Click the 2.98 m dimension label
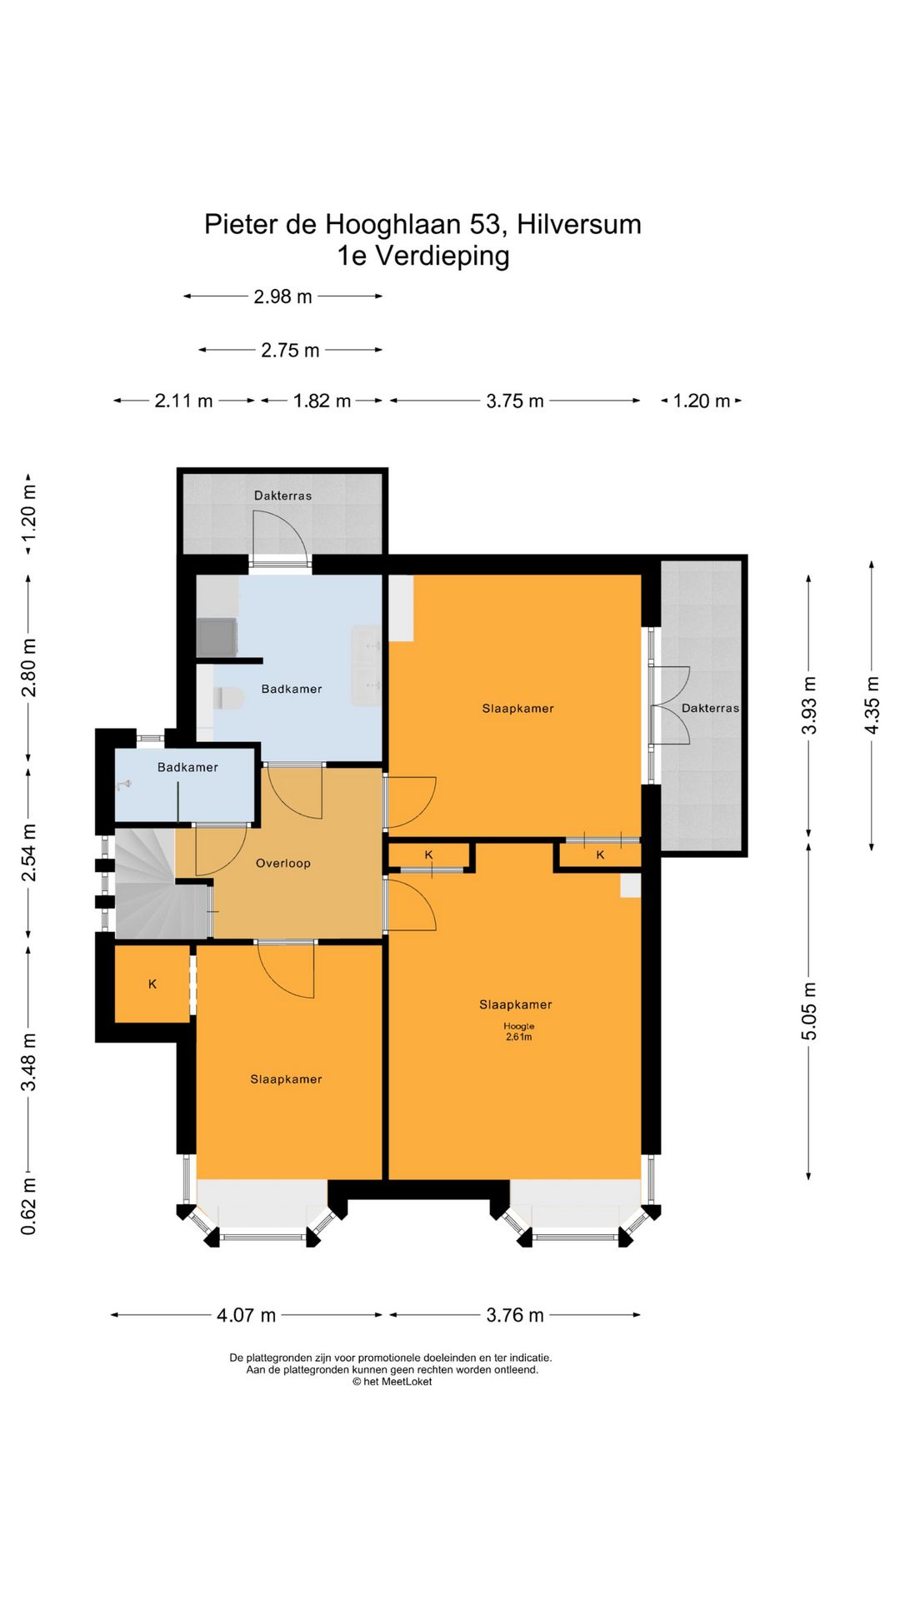[282, 296]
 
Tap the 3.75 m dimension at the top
[515, 401]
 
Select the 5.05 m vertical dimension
[809, 1011]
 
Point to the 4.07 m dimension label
[246, 1315]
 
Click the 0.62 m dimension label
[28, 1206]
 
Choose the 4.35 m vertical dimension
[872, 705]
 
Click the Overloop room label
[283, 864]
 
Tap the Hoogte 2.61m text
[518, 1032]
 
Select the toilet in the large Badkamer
[227, 698]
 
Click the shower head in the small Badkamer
[125, 785]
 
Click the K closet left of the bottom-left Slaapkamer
[152, 984]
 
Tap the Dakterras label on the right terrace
[710, 709]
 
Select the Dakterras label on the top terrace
[283, 496]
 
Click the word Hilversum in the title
[579, 224]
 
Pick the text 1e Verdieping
[423, 256]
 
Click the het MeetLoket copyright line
[392, 1382]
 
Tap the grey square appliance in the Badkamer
[217, 637]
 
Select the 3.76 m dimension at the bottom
[515, 1315]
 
